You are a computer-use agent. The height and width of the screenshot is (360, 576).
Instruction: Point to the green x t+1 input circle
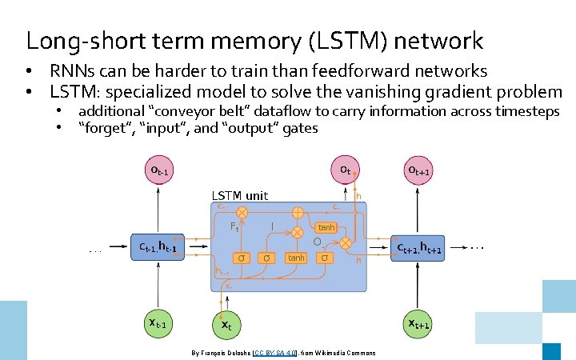419,323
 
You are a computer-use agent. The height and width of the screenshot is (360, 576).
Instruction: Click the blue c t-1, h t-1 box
158,248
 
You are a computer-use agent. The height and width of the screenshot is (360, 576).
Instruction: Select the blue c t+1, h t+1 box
420,249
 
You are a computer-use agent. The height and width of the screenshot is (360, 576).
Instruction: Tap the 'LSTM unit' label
239,195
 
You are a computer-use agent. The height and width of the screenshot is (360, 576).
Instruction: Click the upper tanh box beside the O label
326,228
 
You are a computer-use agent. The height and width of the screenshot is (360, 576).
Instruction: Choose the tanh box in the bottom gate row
296,258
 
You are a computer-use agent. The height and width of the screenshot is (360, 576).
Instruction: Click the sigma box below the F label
241,258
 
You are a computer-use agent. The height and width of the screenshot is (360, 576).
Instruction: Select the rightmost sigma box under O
324,258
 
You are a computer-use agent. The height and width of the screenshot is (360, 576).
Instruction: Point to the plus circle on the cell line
297,213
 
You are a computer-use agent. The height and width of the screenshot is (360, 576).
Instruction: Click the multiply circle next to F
242,213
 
